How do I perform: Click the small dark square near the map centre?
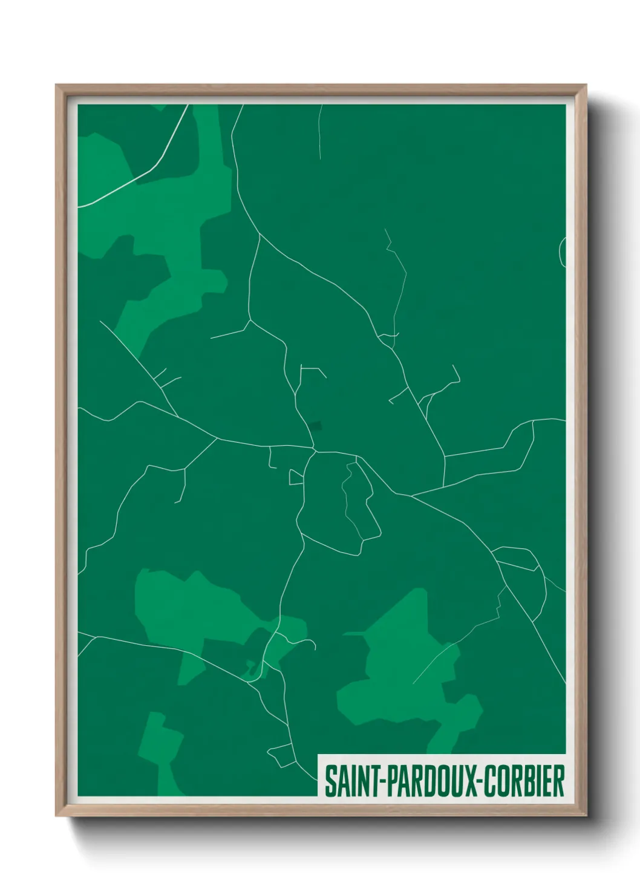pyautogui.click(x=316, y=426)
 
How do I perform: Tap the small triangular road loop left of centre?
pyautogui.click(x=296, y=477)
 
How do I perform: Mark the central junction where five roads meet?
pyautogui.click(x=315, y=451)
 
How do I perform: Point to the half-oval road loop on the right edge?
pyautogui.click(x=563, y=252)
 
